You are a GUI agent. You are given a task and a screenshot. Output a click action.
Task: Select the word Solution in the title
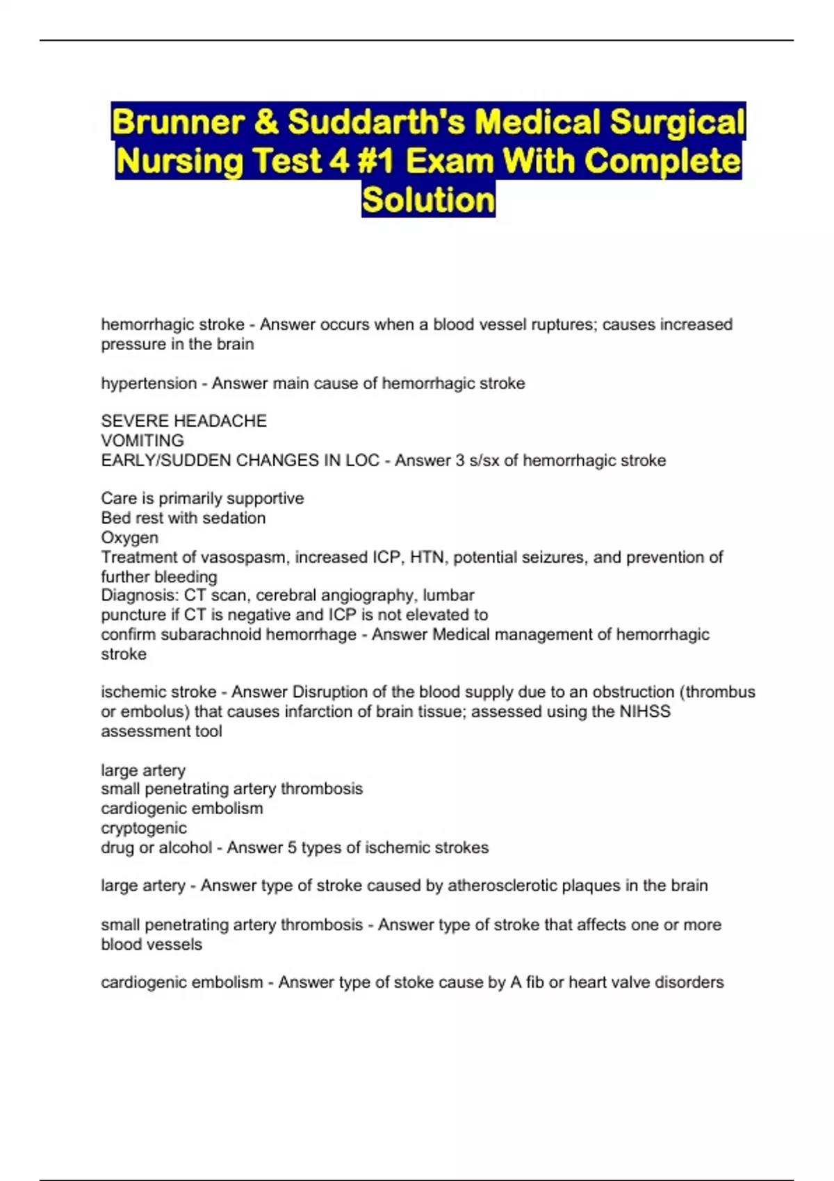tap(428, 200)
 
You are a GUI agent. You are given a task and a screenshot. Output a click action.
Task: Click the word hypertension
tap(149, 383)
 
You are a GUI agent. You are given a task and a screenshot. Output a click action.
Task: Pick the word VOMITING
tap(142, 440)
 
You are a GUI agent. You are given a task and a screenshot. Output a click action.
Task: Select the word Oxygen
tap(129, 538)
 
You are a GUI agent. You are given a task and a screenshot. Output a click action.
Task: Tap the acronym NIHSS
tap(644, 711)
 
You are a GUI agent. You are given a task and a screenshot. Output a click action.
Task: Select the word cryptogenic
tap(144, 828)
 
